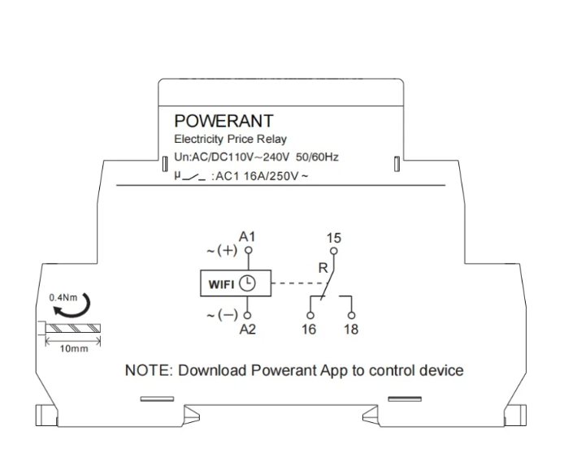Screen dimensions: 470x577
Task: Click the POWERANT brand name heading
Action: (x=223, y=122)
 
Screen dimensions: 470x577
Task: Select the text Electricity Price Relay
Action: (x=231, y=140)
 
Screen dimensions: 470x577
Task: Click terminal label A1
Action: (x=249, y=237)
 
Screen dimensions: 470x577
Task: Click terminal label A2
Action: (x=249, y=330)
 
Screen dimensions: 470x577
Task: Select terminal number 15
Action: (x=333, y=238)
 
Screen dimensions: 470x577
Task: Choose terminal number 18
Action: (x=351, y=330)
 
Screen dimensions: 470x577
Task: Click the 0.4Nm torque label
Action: (x=61, y=297)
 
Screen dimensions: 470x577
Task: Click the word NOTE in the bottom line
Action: (x=146, y=371)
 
